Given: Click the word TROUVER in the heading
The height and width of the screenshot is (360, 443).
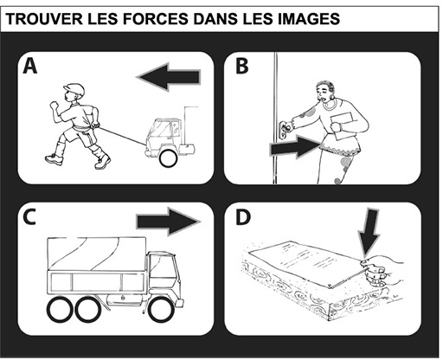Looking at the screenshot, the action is click(44, 18).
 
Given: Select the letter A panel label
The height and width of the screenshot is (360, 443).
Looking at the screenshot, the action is click(30, 66).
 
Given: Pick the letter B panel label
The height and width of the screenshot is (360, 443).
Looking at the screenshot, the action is click(241, 66).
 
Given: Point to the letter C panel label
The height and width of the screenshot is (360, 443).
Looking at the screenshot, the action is click(29, 217).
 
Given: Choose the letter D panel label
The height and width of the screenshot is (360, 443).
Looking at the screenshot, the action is click(243, 217).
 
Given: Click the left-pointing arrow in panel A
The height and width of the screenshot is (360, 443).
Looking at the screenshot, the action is click(168, 77).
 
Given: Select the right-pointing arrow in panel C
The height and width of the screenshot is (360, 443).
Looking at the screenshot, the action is click(169, 222).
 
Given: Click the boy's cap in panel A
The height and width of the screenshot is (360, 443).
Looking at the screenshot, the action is click(74, 89).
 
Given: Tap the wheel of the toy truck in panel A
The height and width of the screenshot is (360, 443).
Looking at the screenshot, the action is click(168, 158).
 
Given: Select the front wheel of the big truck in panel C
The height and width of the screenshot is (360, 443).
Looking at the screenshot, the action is click(161, 309).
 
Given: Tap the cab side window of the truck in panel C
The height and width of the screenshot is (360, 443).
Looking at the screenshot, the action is click(162, 267).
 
